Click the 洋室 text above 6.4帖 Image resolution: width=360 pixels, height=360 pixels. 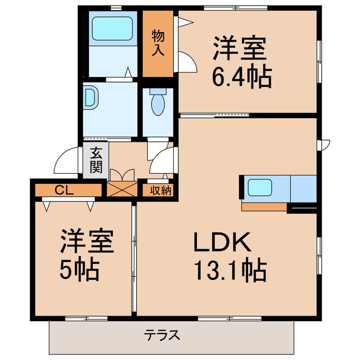click(238, 49)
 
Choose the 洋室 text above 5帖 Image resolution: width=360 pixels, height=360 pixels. click(88, 242)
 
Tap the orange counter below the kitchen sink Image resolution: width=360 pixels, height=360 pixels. click(264, 206)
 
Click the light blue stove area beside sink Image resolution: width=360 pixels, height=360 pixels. click(303, 187)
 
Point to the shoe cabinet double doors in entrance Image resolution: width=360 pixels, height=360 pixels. click(122, 174)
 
